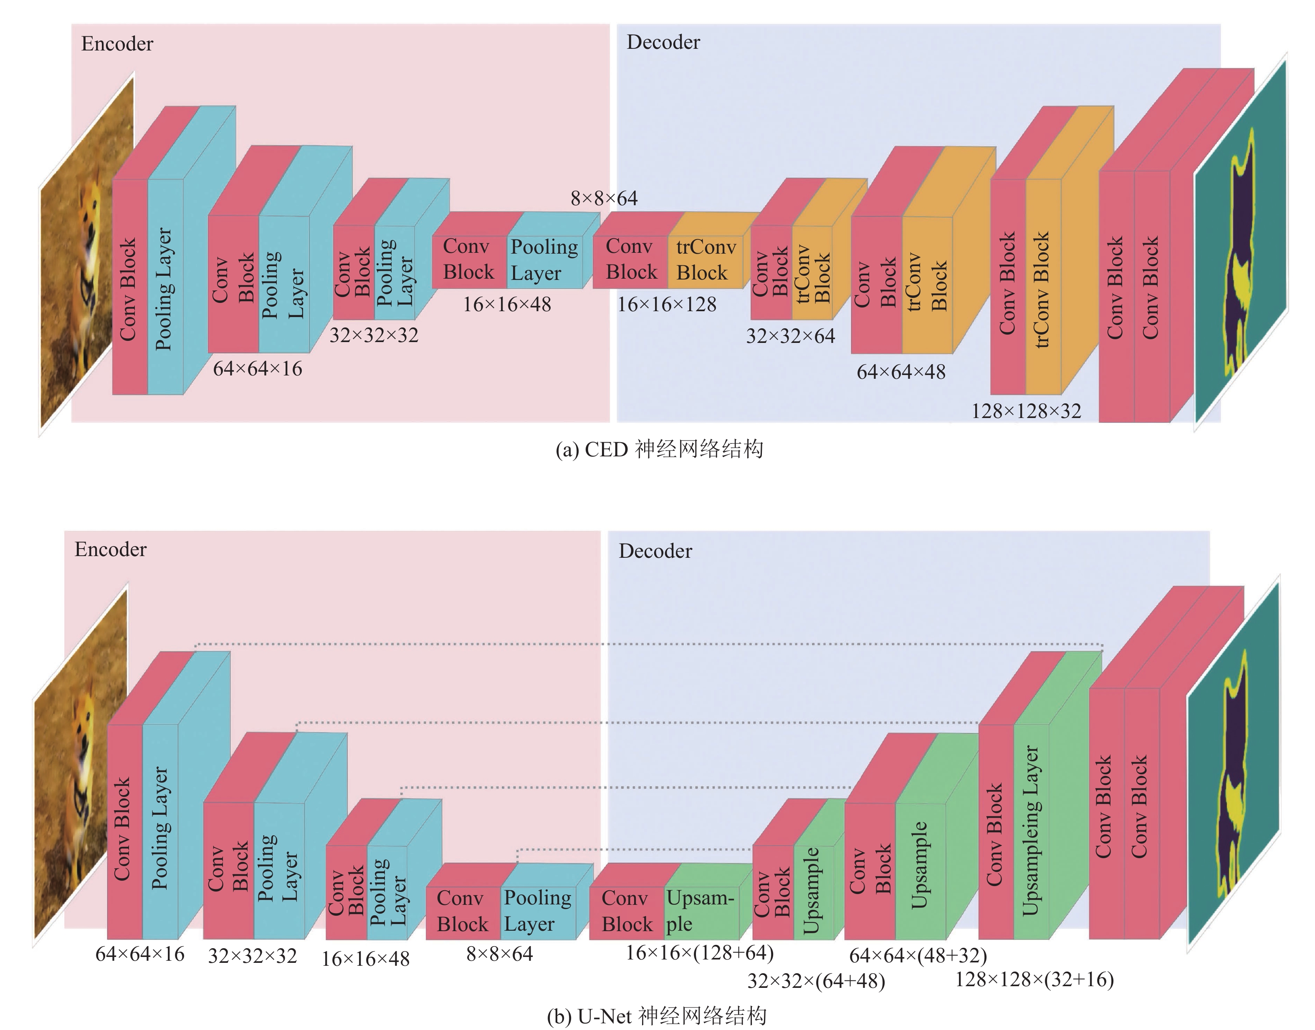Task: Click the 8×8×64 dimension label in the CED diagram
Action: click(604, 199)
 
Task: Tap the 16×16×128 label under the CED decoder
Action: click(666, 305)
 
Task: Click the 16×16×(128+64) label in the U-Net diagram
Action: click(699, 953)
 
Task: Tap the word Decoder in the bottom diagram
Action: click(655, 551)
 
